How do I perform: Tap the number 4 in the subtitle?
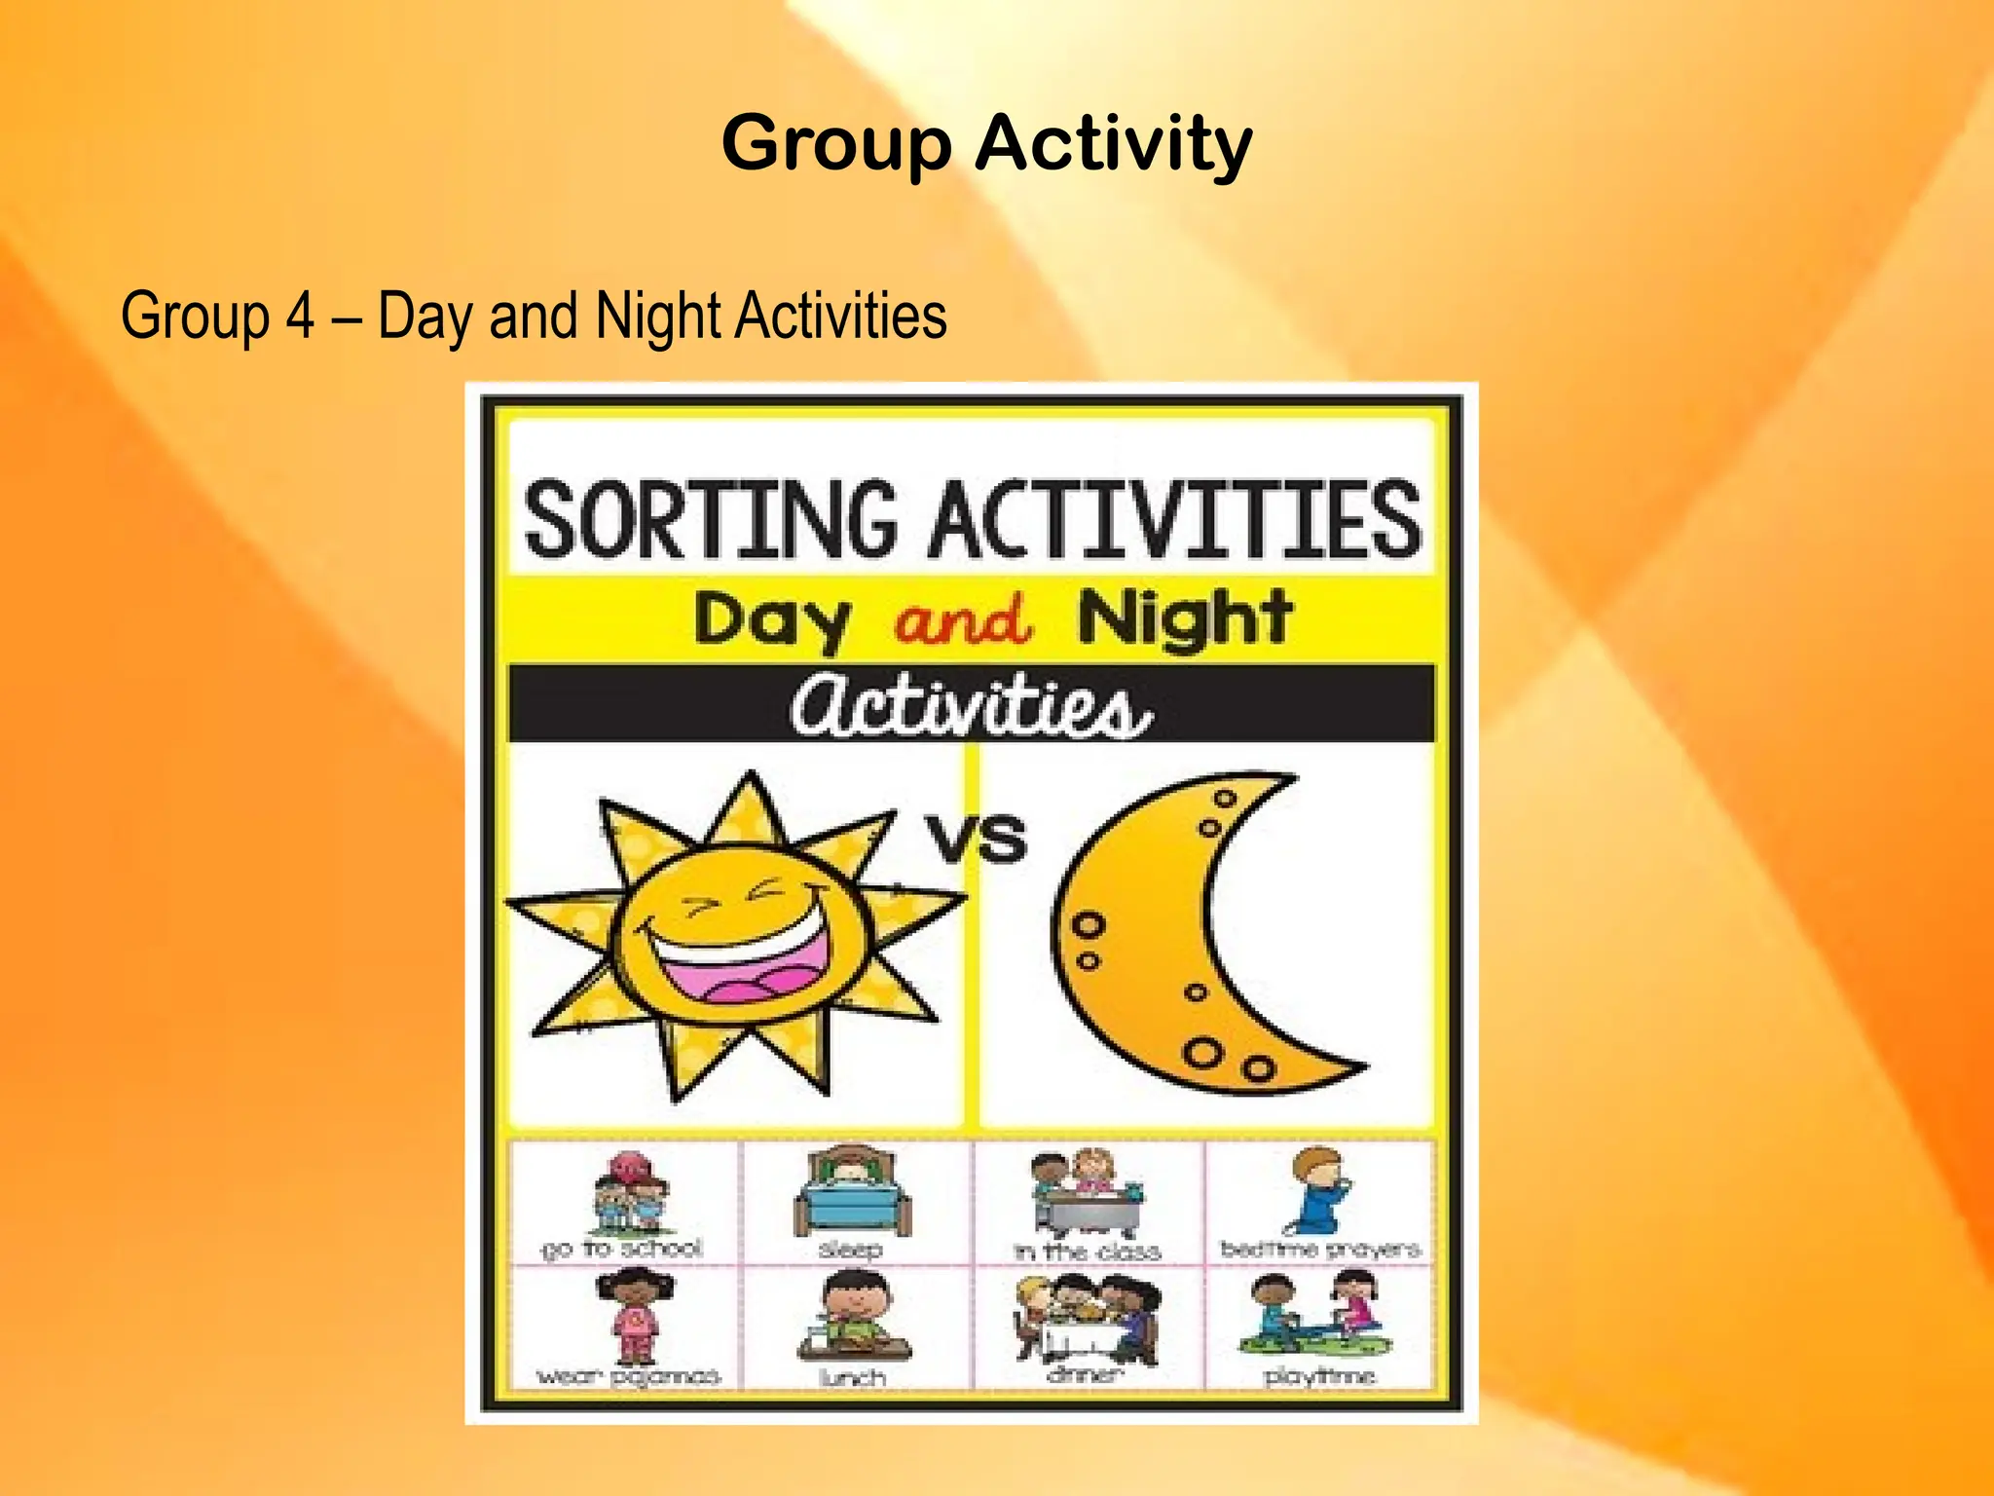pyautogui.click(x=299, y=316)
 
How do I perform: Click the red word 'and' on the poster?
pyautogui.click(x=962, y=619)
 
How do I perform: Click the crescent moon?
pyautogui.click(x=1168, y=935)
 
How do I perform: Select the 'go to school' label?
pyautogui.click(x=621, y=1249)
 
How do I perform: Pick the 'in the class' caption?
pyautogui.click(x=1088, y=1251)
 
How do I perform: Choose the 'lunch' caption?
pyautogui.click(x=852, y=1377)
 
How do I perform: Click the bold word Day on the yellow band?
pyautogui.click(x=772, y=619)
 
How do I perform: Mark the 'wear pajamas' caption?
pyautogui.click(x=628, y=1376)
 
